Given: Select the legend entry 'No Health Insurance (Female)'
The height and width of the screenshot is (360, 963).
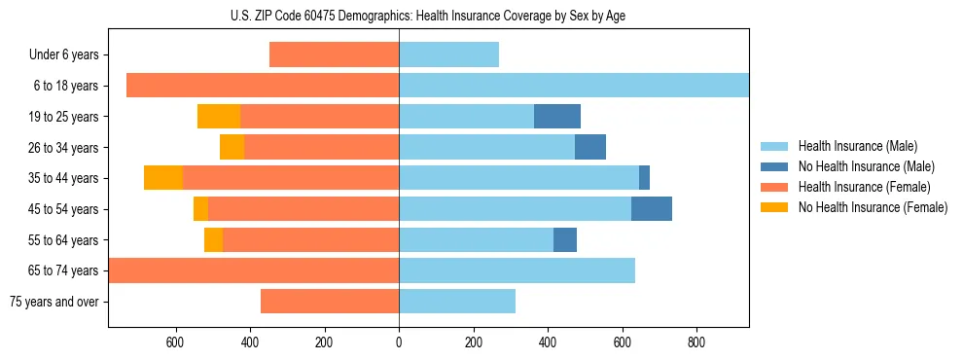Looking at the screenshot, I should point(873,207).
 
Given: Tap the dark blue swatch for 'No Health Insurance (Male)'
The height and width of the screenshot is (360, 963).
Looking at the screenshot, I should point(773,166).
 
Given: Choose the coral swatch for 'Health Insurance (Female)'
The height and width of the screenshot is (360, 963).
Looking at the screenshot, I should point(773,187).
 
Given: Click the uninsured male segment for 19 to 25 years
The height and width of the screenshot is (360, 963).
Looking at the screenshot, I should point(557,117).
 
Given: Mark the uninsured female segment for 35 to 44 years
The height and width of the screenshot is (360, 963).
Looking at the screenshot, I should point(163,178).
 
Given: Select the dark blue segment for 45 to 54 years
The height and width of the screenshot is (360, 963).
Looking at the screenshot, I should point(652,209).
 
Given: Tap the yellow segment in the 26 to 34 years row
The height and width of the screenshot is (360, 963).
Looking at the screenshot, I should point(232,147).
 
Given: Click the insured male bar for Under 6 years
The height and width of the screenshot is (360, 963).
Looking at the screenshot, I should point(448,55).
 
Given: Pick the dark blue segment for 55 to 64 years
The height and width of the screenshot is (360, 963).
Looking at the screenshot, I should point(565,239).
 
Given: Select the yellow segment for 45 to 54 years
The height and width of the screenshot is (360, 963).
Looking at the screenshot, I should point(200,209).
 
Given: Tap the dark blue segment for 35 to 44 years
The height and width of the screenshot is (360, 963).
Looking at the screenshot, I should point(644,178).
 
